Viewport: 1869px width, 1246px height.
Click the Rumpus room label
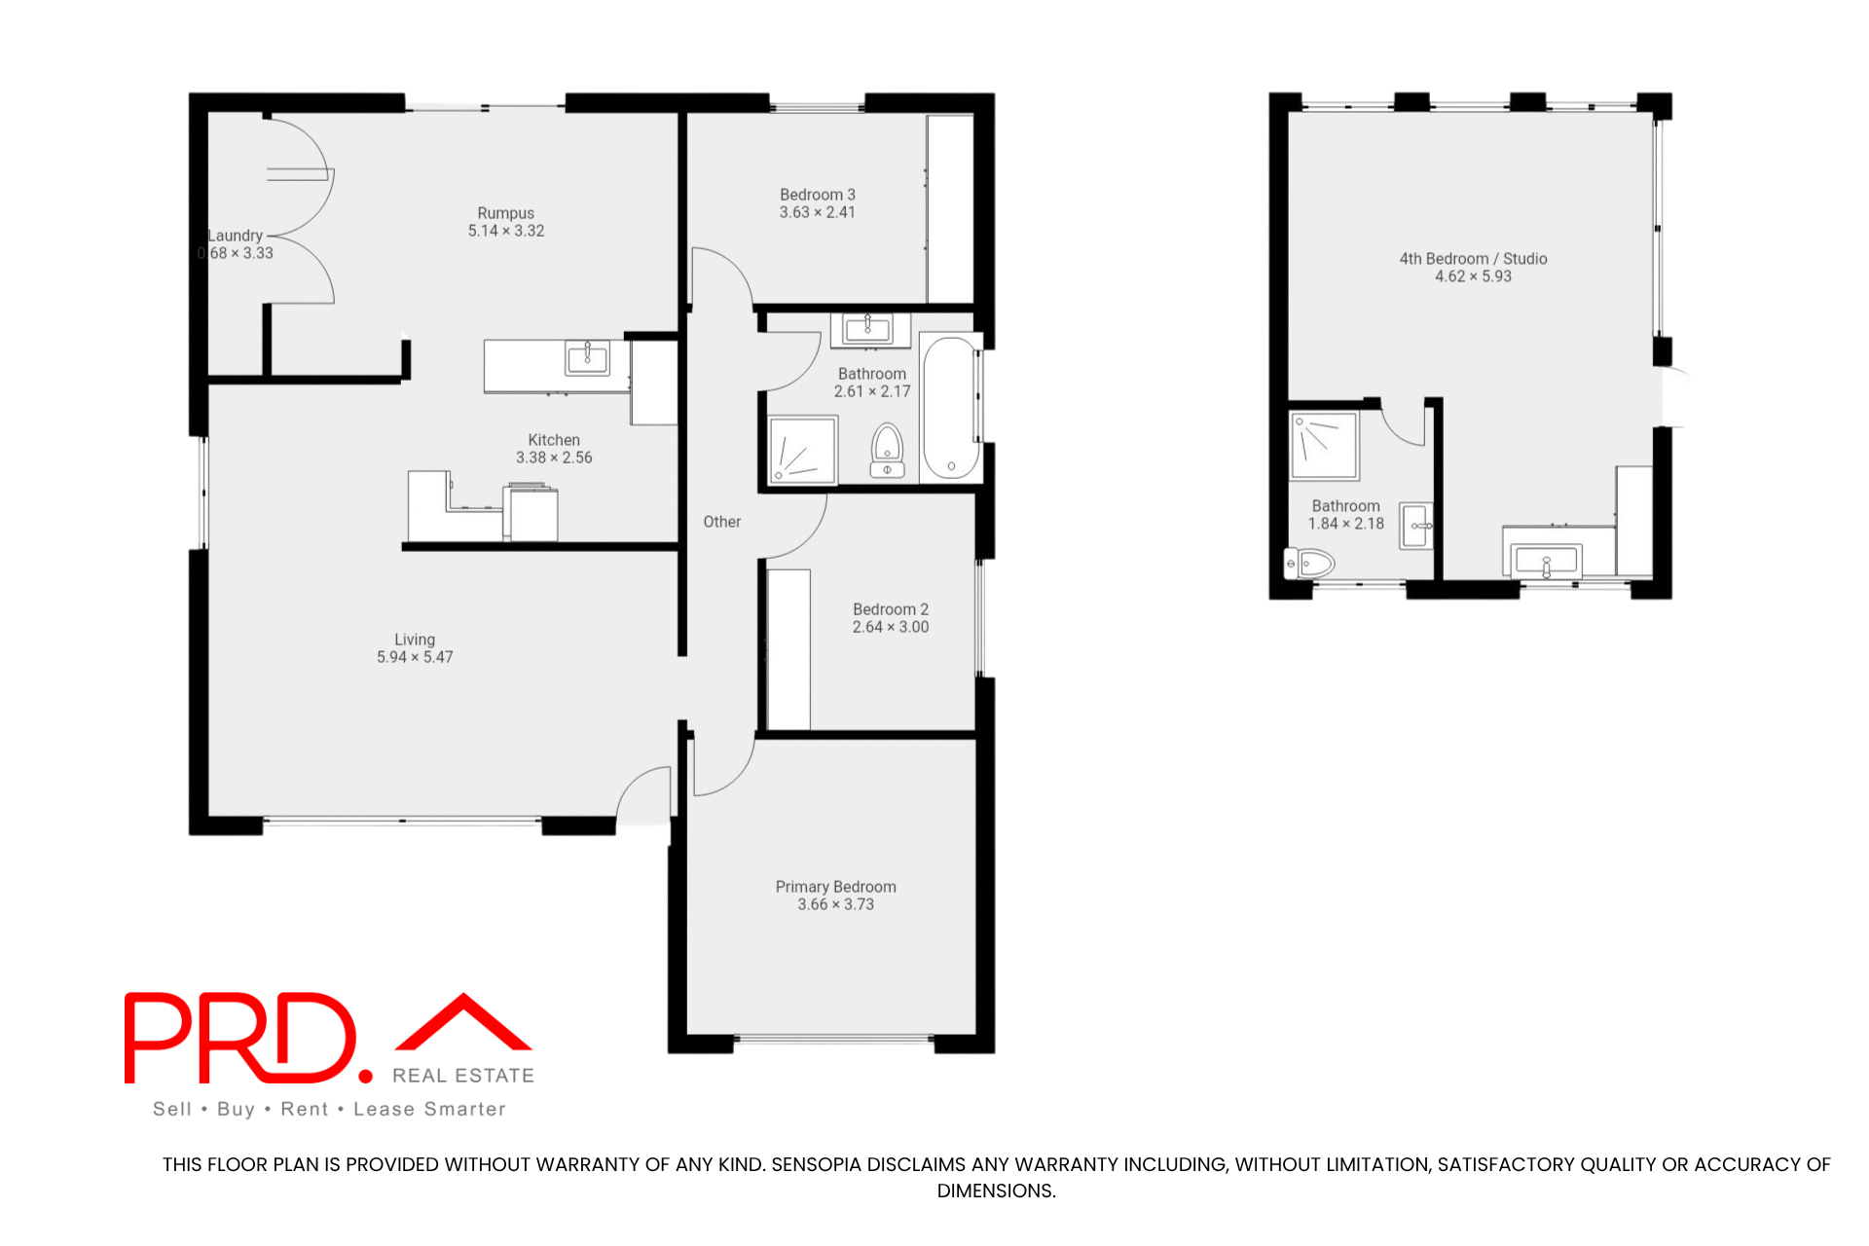click(x=505, y=213)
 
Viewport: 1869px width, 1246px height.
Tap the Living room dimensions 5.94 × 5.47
click(x=415, y=657)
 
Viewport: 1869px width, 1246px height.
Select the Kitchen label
click(x=554, y=440)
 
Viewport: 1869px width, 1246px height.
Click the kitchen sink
click(x=587, y=357)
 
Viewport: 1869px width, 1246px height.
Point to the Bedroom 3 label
click(x=818, y=195)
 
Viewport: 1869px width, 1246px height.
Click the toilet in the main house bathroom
click(x=887, y=451)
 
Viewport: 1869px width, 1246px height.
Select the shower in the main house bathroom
click(x=803, y=450)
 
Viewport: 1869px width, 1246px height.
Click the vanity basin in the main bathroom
click(x=868, y=328)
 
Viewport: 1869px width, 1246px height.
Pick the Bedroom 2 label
click(x=891, y=609)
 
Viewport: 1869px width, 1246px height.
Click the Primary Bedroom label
click(x=835, y=887)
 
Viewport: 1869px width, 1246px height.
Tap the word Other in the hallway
click(x=722, y=522)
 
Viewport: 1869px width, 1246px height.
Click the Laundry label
click(x=236, y=236)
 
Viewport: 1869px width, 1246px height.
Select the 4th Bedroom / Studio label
click(x=1473, y=259)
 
